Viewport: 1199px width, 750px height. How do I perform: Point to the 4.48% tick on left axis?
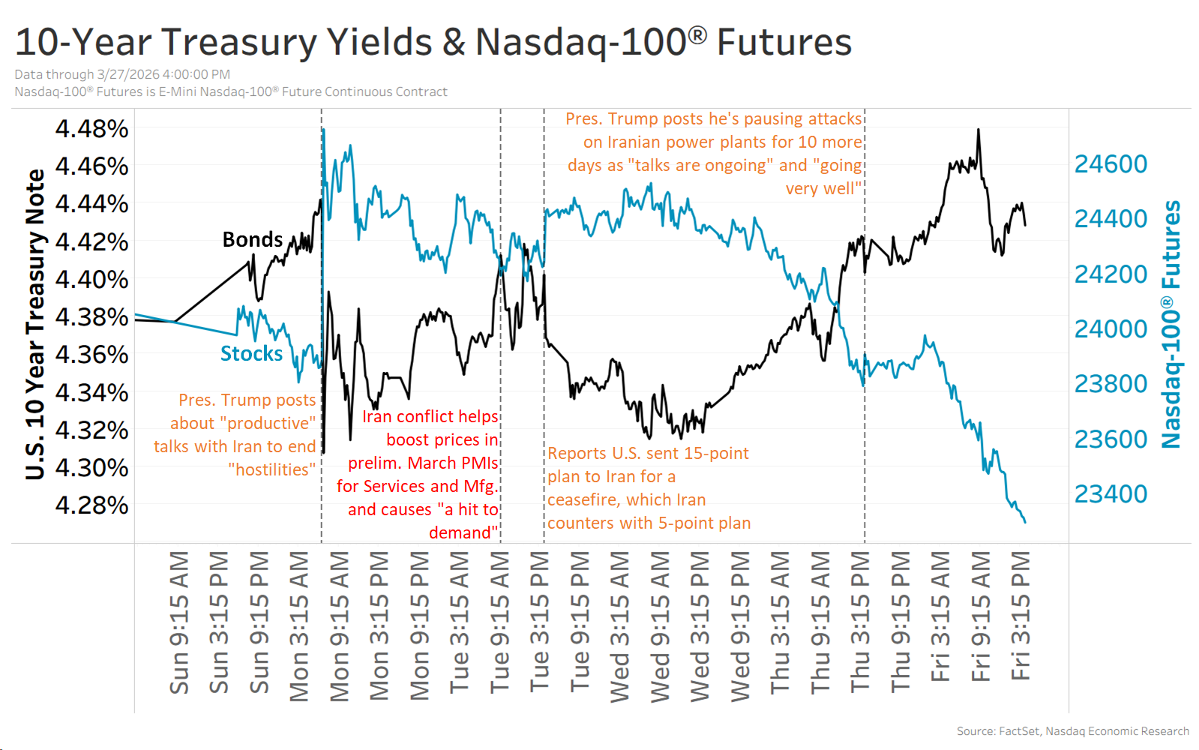coord(91,128)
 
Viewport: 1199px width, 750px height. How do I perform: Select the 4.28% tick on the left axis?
coord(91,505)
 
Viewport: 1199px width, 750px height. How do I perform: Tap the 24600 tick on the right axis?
coord(1111,163)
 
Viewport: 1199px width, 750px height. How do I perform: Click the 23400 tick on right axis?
coord(1111,493)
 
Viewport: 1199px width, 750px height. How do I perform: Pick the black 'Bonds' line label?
coord(253,239)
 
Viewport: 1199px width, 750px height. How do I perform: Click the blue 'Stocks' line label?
coord(251,353)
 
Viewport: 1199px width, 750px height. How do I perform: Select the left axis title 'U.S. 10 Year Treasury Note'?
coord(34,324)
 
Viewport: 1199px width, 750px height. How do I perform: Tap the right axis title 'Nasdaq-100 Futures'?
coord(1171,324)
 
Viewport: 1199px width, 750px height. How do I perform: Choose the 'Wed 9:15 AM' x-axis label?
coord(660,626)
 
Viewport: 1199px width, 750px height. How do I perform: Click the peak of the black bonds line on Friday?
coord(979,130)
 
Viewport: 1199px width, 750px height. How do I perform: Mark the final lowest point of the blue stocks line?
coord(1025,522)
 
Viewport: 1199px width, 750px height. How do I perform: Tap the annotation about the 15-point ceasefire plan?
coord(649,487)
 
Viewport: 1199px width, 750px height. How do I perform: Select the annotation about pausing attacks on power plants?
coord(715,153)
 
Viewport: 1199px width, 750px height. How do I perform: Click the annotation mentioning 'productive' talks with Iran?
coord(236,434)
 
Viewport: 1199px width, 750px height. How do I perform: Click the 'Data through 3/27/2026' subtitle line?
coord(122,74)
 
